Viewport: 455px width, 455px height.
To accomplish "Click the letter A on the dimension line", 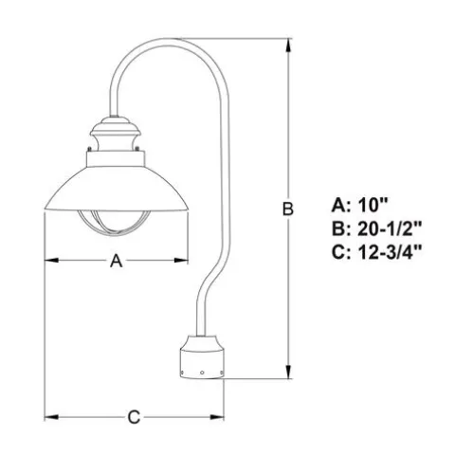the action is [x=116, y=262].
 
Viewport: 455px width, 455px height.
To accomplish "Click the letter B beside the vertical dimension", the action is [x=287, y=209].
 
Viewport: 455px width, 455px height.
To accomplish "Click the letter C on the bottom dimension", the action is [x=134, y=417].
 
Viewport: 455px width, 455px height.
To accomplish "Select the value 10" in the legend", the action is [x=373, y=205].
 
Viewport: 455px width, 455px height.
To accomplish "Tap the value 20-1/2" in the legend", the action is [x=390, y=228].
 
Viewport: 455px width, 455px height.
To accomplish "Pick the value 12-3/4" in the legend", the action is [x=390, y=252].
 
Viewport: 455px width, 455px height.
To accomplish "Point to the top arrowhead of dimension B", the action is [x=288, y=45].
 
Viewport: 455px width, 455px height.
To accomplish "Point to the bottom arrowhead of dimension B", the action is [x=288, y=372].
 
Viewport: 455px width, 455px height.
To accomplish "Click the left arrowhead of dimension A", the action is [x=52, y=261].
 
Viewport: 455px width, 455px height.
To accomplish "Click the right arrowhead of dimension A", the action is [x=181, y=261].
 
